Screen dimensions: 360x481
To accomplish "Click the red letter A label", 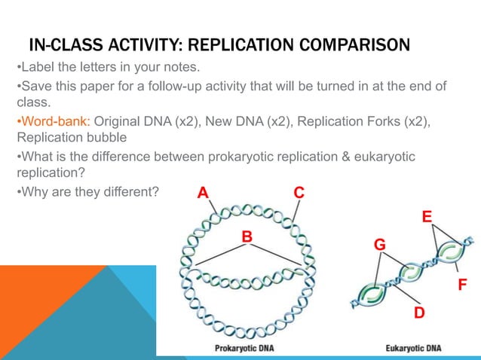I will tap(202, 193).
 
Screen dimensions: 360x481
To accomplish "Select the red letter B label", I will tap(246, 237).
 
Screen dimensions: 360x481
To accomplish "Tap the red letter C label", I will tap(299, 193).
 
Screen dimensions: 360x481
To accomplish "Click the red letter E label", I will tap(426, 217).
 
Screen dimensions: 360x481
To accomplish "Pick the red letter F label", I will tap(463, 285).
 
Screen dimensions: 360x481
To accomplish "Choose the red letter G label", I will tap(380, 245).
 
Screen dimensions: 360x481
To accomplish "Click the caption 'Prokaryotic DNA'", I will tap(246, 348).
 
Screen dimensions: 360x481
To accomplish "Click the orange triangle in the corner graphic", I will tap(30, 309).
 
